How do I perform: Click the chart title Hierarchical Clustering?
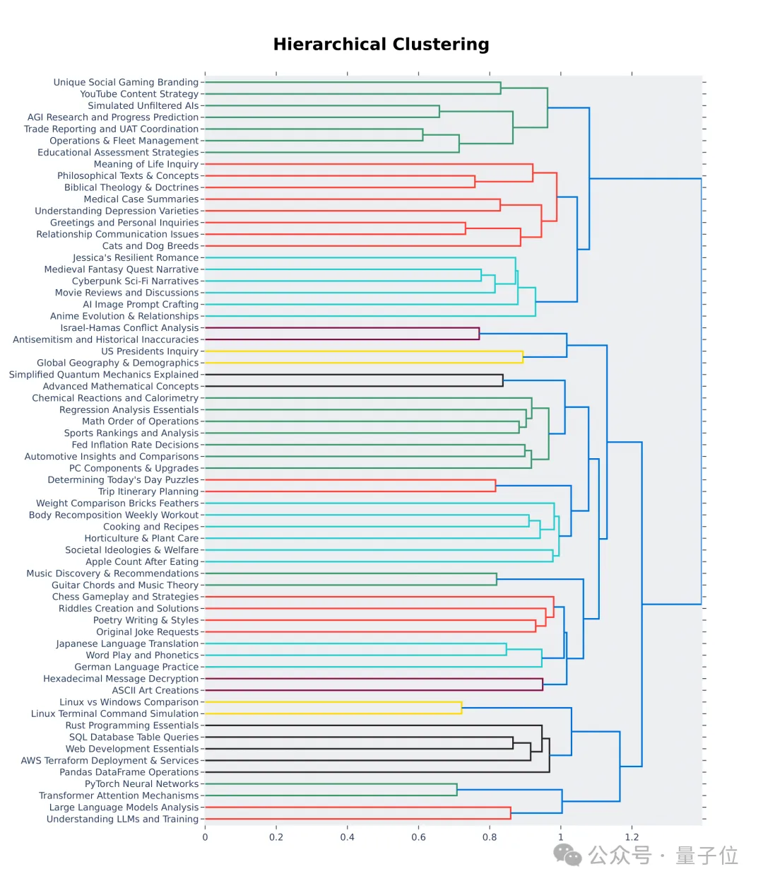381,45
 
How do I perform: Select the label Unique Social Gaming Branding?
126,82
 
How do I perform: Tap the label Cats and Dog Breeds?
150,246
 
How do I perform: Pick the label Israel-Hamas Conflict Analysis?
129,328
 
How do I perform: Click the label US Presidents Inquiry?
149,351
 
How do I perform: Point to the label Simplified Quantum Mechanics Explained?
104,375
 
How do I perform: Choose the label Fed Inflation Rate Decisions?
135,445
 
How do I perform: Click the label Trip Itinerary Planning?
148,491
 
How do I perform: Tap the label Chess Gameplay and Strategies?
125,597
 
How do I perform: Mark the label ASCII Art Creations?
155,690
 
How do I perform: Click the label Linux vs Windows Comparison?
129,702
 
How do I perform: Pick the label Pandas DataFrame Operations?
129,772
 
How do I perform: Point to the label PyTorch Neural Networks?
141,783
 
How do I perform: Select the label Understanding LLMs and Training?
122,819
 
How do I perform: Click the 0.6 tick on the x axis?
418,837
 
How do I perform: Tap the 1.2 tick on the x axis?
632,837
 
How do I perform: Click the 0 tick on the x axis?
205,837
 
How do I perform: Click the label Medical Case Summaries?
141,199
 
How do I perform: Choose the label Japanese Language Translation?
127,643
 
